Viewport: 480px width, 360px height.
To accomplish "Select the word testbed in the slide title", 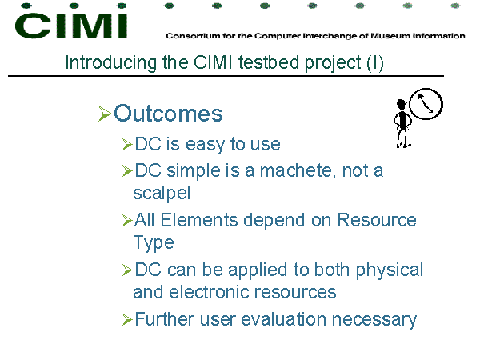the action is pyautogui.click(x=269, y=62).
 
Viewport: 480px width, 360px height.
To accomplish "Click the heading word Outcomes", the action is pyautogui.click(x=168, y=114).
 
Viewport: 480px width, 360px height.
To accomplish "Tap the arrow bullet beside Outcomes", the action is pyautogui.click(x=104, y=114).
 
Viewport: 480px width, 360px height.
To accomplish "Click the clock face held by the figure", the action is pyautogui.click(x=426, y=104).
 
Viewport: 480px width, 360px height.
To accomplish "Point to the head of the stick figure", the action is pyautogui.click(x=401, y=103).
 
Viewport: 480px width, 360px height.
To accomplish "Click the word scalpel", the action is pyautogui.click(x=162, y=194).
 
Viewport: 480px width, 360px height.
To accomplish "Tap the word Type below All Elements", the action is pyautogui.click(x=154, y=243).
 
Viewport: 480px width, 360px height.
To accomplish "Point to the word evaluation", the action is pyautogui.click(x=283, y=319).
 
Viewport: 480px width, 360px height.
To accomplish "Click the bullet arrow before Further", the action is pyautogui.click(x=127, y=319).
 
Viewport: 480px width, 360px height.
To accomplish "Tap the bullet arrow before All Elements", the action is pyautogui.click(x=127, y=221).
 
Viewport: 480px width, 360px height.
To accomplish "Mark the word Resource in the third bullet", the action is pyautogui.click(x=377, y=220).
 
